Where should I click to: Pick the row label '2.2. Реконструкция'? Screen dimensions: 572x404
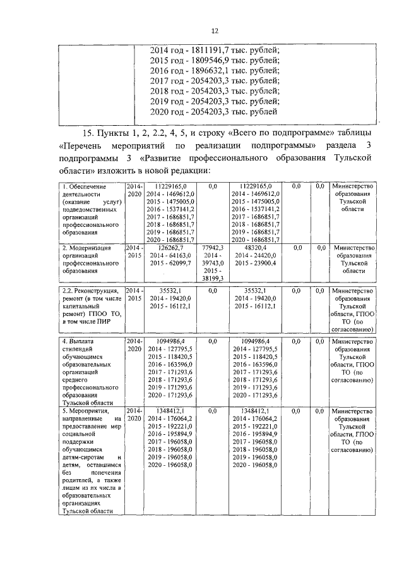[90, 291]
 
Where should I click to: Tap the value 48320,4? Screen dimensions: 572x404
[256, 248]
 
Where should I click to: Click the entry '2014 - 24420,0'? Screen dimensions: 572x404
[256, 256]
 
